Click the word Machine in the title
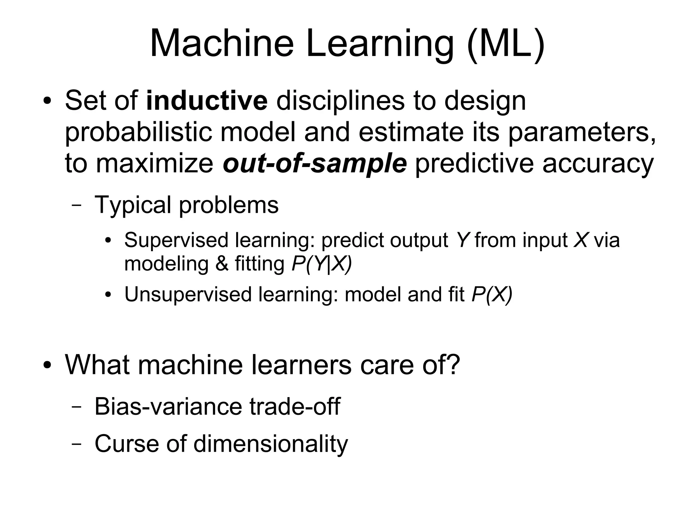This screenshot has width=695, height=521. (222, 44)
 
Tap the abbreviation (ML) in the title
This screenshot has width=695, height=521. (505, 44)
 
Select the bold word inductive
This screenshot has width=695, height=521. (207, 101)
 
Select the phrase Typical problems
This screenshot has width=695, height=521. (186, 205)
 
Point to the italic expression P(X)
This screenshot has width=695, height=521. (492, 294)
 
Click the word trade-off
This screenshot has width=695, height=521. (295, 406)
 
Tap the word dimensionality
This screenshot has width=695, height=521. (270, 444)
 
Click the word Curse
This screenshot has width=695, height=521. (126, 443)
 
